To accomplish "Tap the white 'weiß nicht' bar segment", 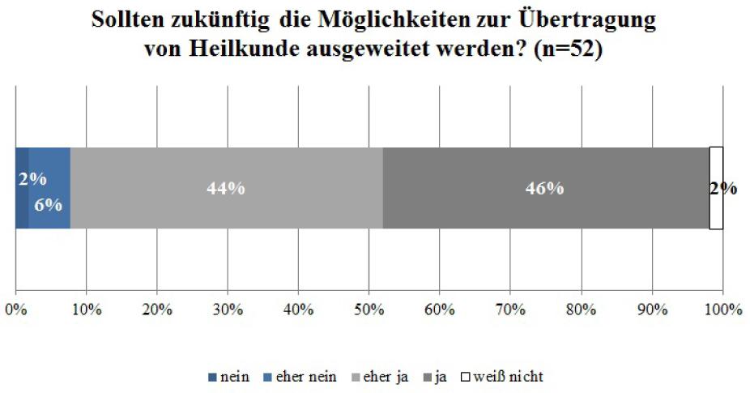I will tap(716, 212).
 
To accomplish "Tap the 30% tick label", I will tap(228, 309).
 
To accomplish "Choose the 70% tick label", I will tap(510, 309).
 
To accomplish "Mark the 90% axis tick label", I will tap(652, 309).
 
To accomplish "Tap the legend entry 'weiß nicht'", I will tap(509, 376).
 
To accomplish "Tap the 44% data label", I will tap(226, 188).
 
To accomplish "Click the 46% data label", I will tap(544, 188).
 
